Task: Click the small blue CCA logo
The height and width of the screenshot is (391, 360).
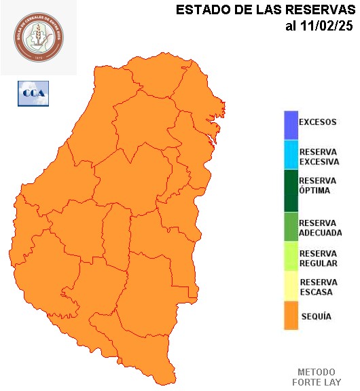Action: click(33, 93)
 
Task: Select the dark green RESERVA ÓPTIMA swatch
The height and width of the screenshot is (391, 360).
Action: click(291, 189)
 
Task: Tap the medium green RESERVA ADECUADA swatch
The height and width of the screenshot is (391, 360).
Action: click(291, 227)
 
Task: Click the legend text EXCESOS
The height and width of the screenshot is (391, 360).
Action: click(317, 122)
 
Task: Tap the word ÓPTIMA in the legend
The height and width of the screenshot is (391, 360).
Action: click(314, 190)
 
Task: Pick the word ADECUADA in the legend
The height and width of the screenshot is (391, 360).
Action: click(320, 232)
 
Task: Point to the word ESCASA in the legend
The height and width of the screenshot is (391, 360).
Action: click(316, 292)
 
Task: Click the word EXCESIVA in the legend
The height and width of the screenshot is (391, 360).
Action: click(319, 162)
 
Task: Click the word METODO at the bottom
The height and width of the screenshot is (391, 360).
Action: click(316, 372)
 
